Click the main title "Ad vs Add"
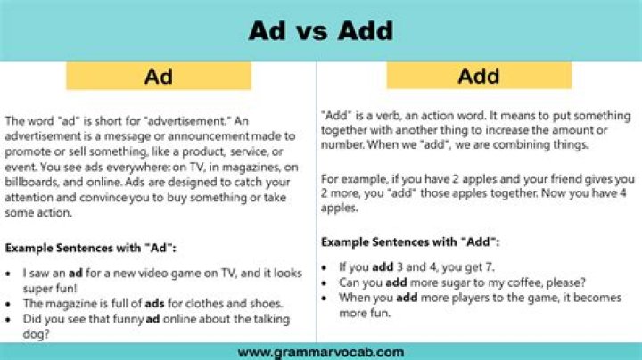tap(320, 30)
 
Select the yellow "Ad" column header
tap(158, 77)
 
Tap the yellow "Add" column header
tap(478, 77)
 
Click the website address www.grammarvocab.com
tap(321, 350)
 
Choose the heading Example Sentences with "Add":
tap(409, 241)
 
